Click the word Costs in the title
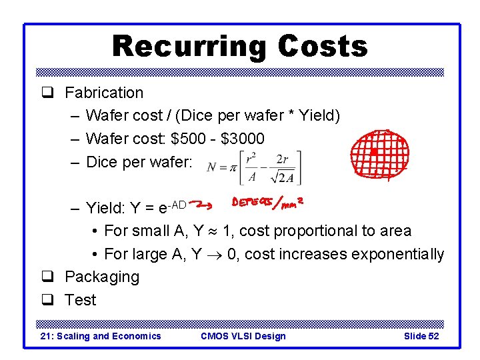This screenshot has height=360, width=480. (x=323, y=47)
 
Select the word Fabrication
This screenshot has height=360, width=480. (x=104, y=93)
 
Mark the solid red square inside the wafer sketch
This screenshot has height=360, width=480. (x=374, y=152)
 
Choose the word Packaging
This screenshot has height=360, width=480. (x=102, y=277)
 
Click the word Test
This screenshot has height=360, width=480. (x=81, y=300)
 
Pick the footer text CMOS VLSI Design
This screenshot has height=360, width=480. (x=243, y=336)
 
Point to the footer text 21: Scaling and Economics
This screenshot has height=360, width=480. (x=101, y=336)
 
